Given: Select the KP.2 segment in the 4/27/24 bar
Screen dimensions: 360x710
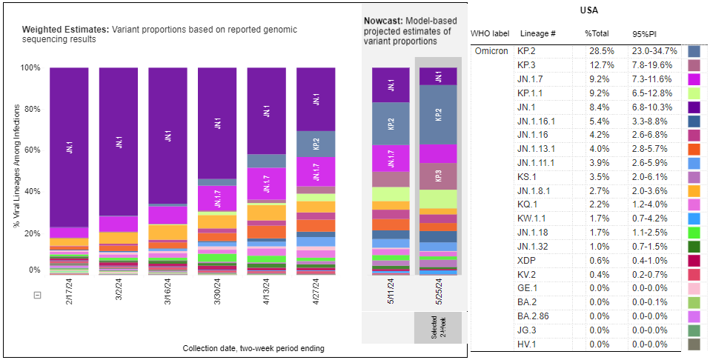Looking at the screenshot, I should [x=315, y=144].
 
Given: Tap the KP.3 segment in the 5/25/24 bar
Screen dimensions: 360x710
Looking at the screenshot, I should [x=437, y=176].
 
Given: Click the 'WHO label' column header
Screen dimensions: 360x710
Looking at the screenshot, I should [x=491, y=34].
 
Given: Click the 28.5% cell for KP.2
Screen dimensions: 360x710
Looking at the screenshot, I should [x=599, y=52].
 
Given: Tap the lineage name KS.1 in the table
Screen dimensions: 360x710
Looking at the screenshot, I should [x=528, y=178].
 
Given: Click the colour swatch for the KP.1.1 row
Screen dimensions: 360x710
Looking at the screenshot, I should [x=694, y=93].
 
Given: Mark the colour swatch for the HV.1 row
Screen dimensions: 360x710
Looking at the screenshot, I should [x=694, y=344].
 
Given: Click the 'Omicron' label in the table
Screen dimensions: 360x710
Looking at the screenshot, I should [x=491, y=52].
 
